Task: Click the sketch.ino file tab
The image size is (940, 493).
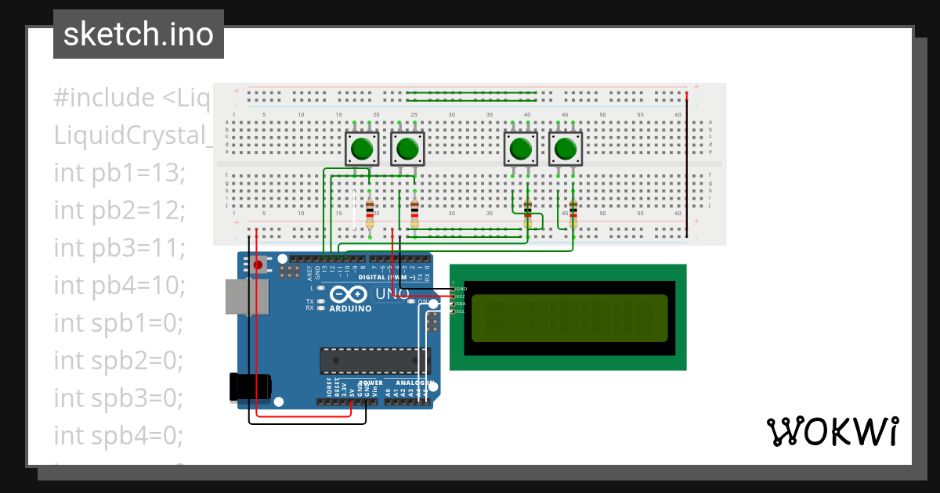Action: click(x=139, y=34)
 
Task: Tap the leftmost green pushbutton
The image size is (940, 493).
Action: click(x=362, y=148)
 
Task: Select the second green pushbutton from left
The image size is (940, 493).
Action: click(x=407, y=148)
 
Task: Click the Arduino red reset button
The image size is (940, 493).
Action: click(x=258, y=265)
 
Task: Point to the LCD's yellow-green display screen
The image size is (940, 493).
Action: click(x=569, y=318)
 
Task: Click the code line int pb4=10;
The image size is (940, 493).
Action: click(x=119, y=285)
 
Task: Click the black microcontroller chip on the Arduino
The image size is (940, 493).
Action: click(x=374, y=360)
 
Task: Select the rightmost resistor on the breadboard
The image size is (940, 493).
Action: click(x=573, y=211)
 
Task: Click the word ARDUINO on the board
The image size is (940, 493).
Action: click(x=350, y=308)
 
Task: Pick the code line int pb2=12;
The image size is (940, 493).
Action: click(x=119, y=210)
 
